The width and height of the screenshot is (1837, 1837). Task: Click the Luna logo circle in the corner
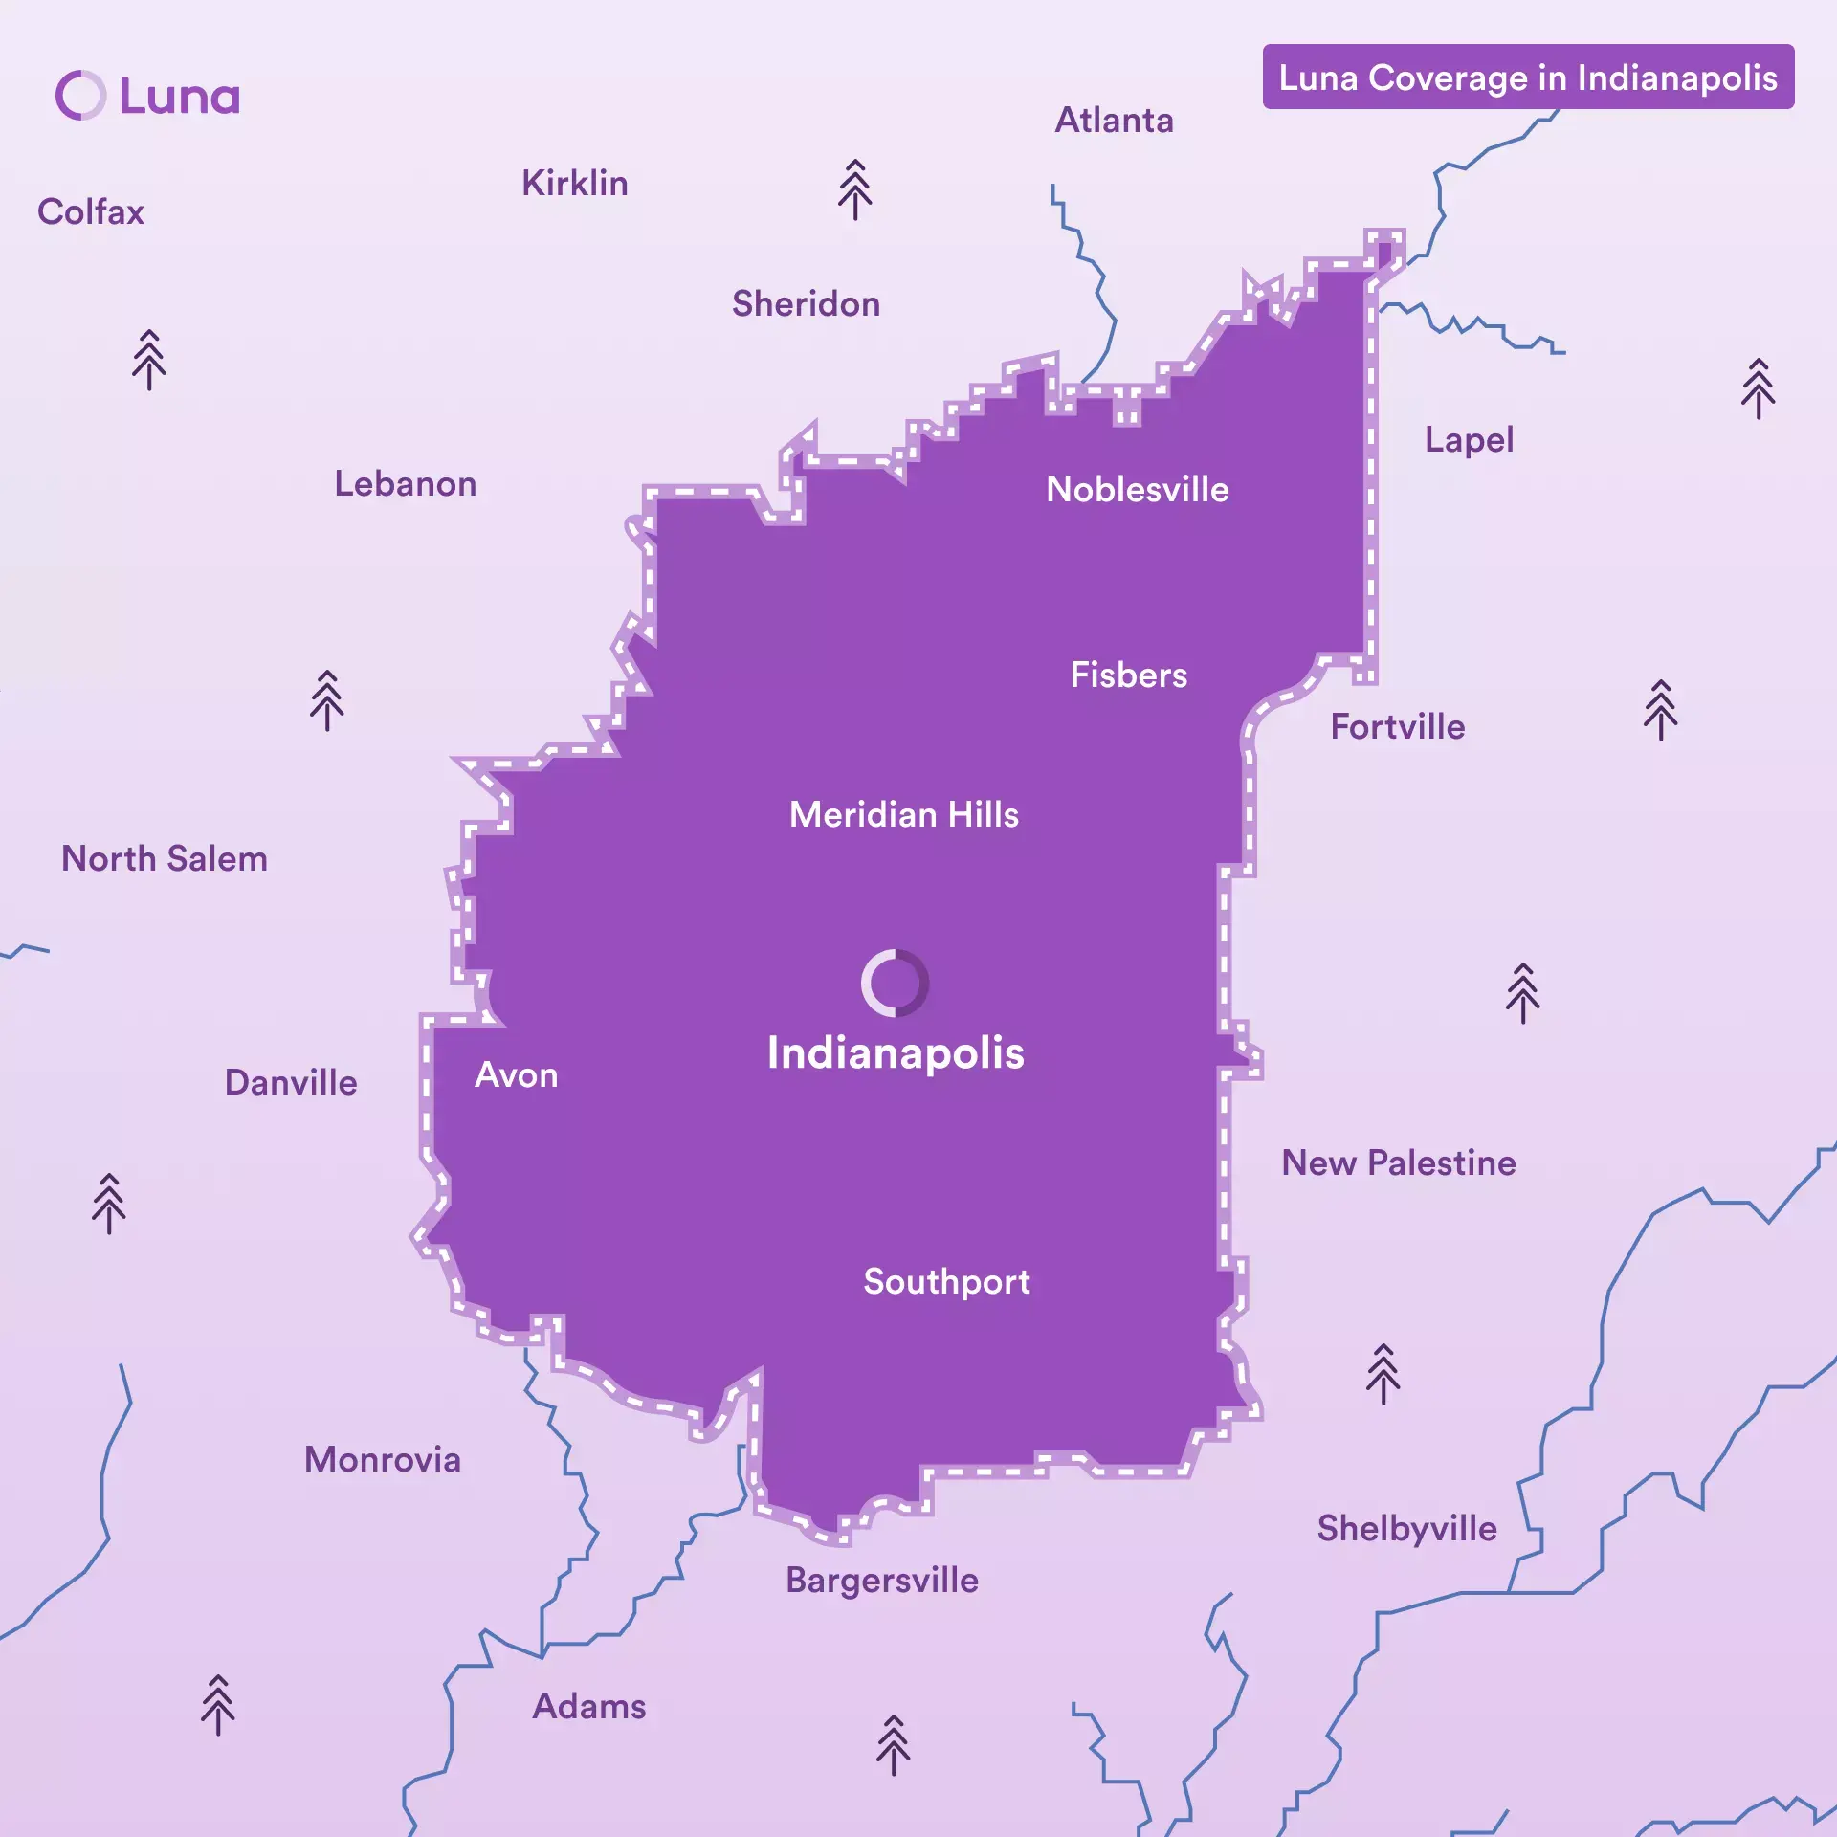pyautogui.click(x=80, y=96)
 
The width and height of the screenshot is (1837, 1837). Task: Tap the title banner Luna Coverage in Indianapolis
pyautogui.click(x=1527, y=77)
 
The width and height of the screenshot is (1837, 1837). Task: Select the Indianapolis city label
pyautogui.click(x=896, y=1052)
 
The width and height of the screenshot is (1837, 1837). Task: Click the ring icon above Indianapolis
pyautogui.click(x=895, y=983)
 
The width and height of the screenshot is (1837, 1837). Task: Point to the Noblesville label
pyautogui.click(x=1137, y=490)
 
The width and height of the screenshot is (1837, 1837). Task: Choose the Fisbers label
pyautogui.click(x=1128, y=675)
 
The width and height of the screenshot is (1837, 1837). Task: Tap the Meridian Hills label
pyautogui.click(x=903, y=815)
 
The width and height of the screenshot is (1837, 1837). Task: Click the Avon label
pyautogui.click(x=517, y=1075)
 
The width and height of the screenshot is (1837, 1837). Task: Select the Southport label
pyautogui.click(x=946, y=1282)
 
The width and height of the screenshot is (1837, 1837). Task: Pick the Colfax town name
pyautogui.click(x=91, y=212)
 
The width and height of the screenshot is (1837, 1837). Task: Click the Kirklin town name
pyautogui.click(x=574, y=184)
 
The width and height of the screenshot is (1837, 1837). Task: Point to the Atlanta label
pyautogui.click(x=1114, y=121)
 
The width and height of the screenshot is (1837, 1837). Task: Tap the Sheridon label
pyautogui.click(x=806, y=304)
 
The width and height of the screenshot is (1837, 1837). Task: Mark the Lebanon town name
pyautogui.click(x=405, y=484)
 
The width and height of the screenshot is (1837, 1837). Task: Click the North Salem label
pyautogui.click(x=165, y=859)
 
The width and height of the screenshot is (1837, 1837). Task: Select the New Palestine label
pyautogui.click(x=1398, y=1163)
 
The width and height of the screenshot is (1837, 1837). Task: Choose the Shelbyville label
pyautogui.click(x=1406, y=1529)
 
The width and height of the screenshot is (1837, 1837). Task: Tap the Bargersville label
pyautogui.click(x=881, y=1581)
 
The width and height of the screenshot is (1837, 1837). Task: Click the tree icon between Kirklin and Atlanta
pyautogui.click(x=854, y=189)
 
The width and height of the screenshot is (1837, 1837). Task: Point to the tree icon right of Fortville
pyautogui.click(x=1660, y=710)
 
